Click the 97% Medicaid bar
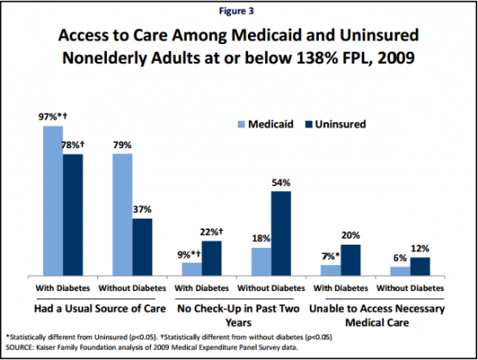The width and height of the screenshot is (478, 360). coord(53,201)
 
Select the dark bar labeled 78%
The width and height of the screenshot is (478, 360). coord(73,215)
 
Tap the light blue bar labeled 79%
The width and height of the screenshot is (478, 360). coord(122,214)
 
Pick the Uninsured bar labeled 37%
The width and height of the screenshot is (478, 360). coord(142,247)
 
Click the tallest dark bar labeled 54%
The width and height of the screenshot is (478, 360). coord(281,233)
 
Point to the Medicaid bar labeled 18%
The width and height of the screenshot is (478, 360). coord(261,262)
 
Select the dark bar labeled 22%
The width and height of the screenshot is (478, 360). coord(212,258)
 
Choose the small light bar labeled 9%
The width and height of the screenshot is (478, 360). coord(192,270)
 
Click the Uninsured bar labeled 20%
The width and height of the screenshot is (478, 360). coord(351,260)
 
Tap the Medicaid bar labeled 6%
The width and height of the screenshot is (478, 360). coord(400,271)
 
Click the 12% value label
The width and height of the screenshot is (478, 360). coord(420,249)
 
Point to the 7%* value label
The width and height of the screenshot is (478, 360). coord(331,257)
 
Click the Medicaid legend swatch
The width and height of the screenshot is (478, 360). coord(241,124)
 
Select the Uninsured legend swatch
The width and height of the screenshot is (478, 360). coord(309,124)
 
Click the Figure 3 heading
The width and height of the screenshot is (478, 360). coord(236,11)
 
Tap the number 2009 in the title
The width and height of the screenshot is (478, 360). coord(396,58)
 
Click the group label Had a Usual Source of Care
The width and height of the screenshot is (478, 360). coord(100,308)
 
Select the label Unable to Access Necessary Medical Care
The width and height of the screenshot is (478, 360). coord(377,315)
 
